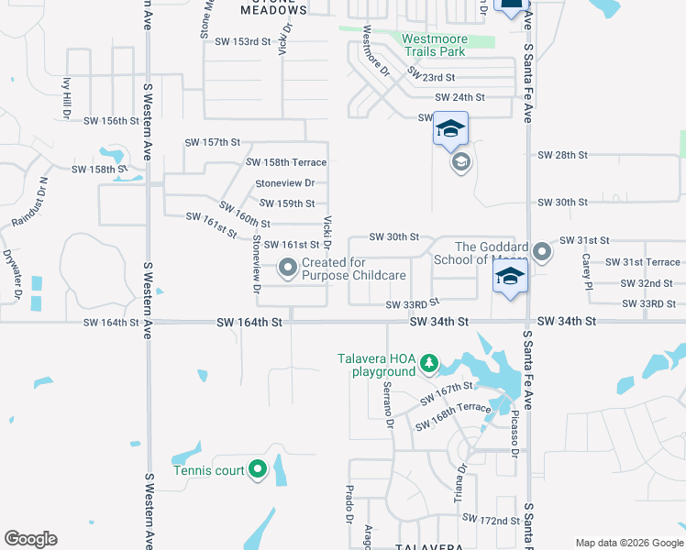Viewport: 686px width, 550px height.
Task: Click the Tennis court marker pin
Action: pos(258,471)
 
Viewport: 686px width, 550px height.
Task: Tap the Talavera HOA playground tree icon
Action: pos(428,365)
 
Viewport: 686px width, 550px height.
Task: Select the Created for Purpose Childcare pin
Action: pos(288,269)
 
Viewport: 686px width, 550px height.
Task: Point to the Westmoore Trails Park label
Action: pos(435,46)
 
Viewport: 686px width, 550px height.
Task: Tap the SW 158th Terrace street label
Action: pos(286,162)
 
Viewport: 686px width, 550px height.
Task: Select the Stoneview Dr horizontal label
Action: pos(284,183)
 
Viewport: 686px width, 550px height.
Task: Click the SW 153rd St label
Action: pos(243,41)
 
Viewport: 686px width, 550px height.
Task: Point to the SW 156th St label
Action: pos(111,121)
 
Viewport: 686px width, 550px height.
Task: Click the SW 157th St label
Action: pos(212,142)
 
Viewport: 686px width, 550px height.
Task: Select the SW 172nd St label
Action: pos(491,519)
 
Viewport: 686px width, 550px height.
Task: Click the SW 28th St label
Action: pos(562,155)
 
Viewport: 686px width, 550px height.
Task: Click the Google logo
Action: pos(31,539)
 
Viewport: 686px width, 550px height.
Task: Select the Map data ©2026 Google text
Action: pos(628,542)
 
